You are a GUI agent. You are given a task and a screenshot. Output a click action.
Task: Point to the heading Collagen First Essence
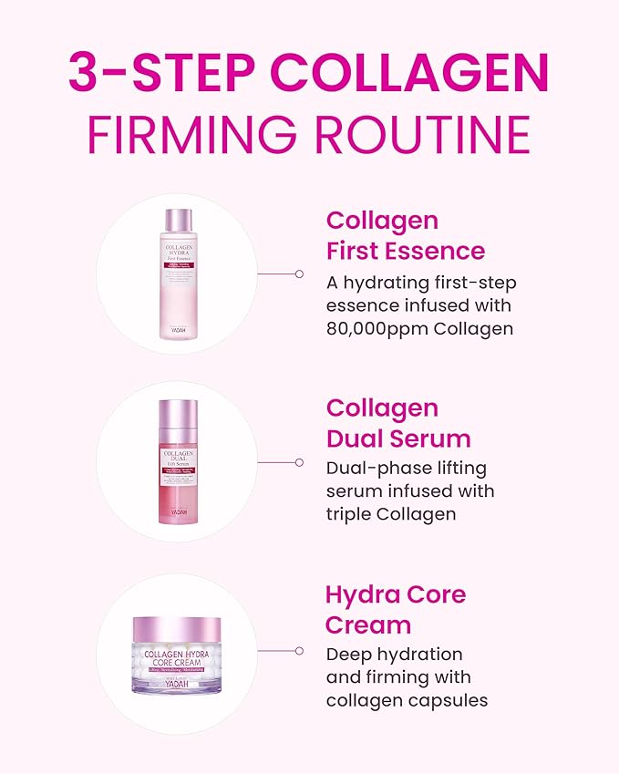click(405, 235)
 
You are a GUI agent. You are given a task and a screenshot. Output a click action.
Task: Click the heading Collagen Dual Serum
click(398, 423)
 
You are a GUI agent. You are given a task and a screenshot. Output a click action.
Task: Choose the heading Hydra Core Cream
click(395, 610)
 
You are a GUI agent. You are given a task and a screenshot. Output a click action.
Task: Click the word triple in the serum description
click(352, 514)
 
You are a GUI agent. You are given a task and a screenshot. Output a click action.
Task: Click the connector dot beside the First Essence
click(299, 273)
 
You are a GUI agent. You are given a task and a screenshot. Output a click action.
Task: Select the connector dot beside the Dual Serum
click(299, 462)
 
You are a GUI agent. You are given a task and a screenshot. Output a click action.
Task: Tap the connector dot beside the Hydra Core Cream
click(299, 651)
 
